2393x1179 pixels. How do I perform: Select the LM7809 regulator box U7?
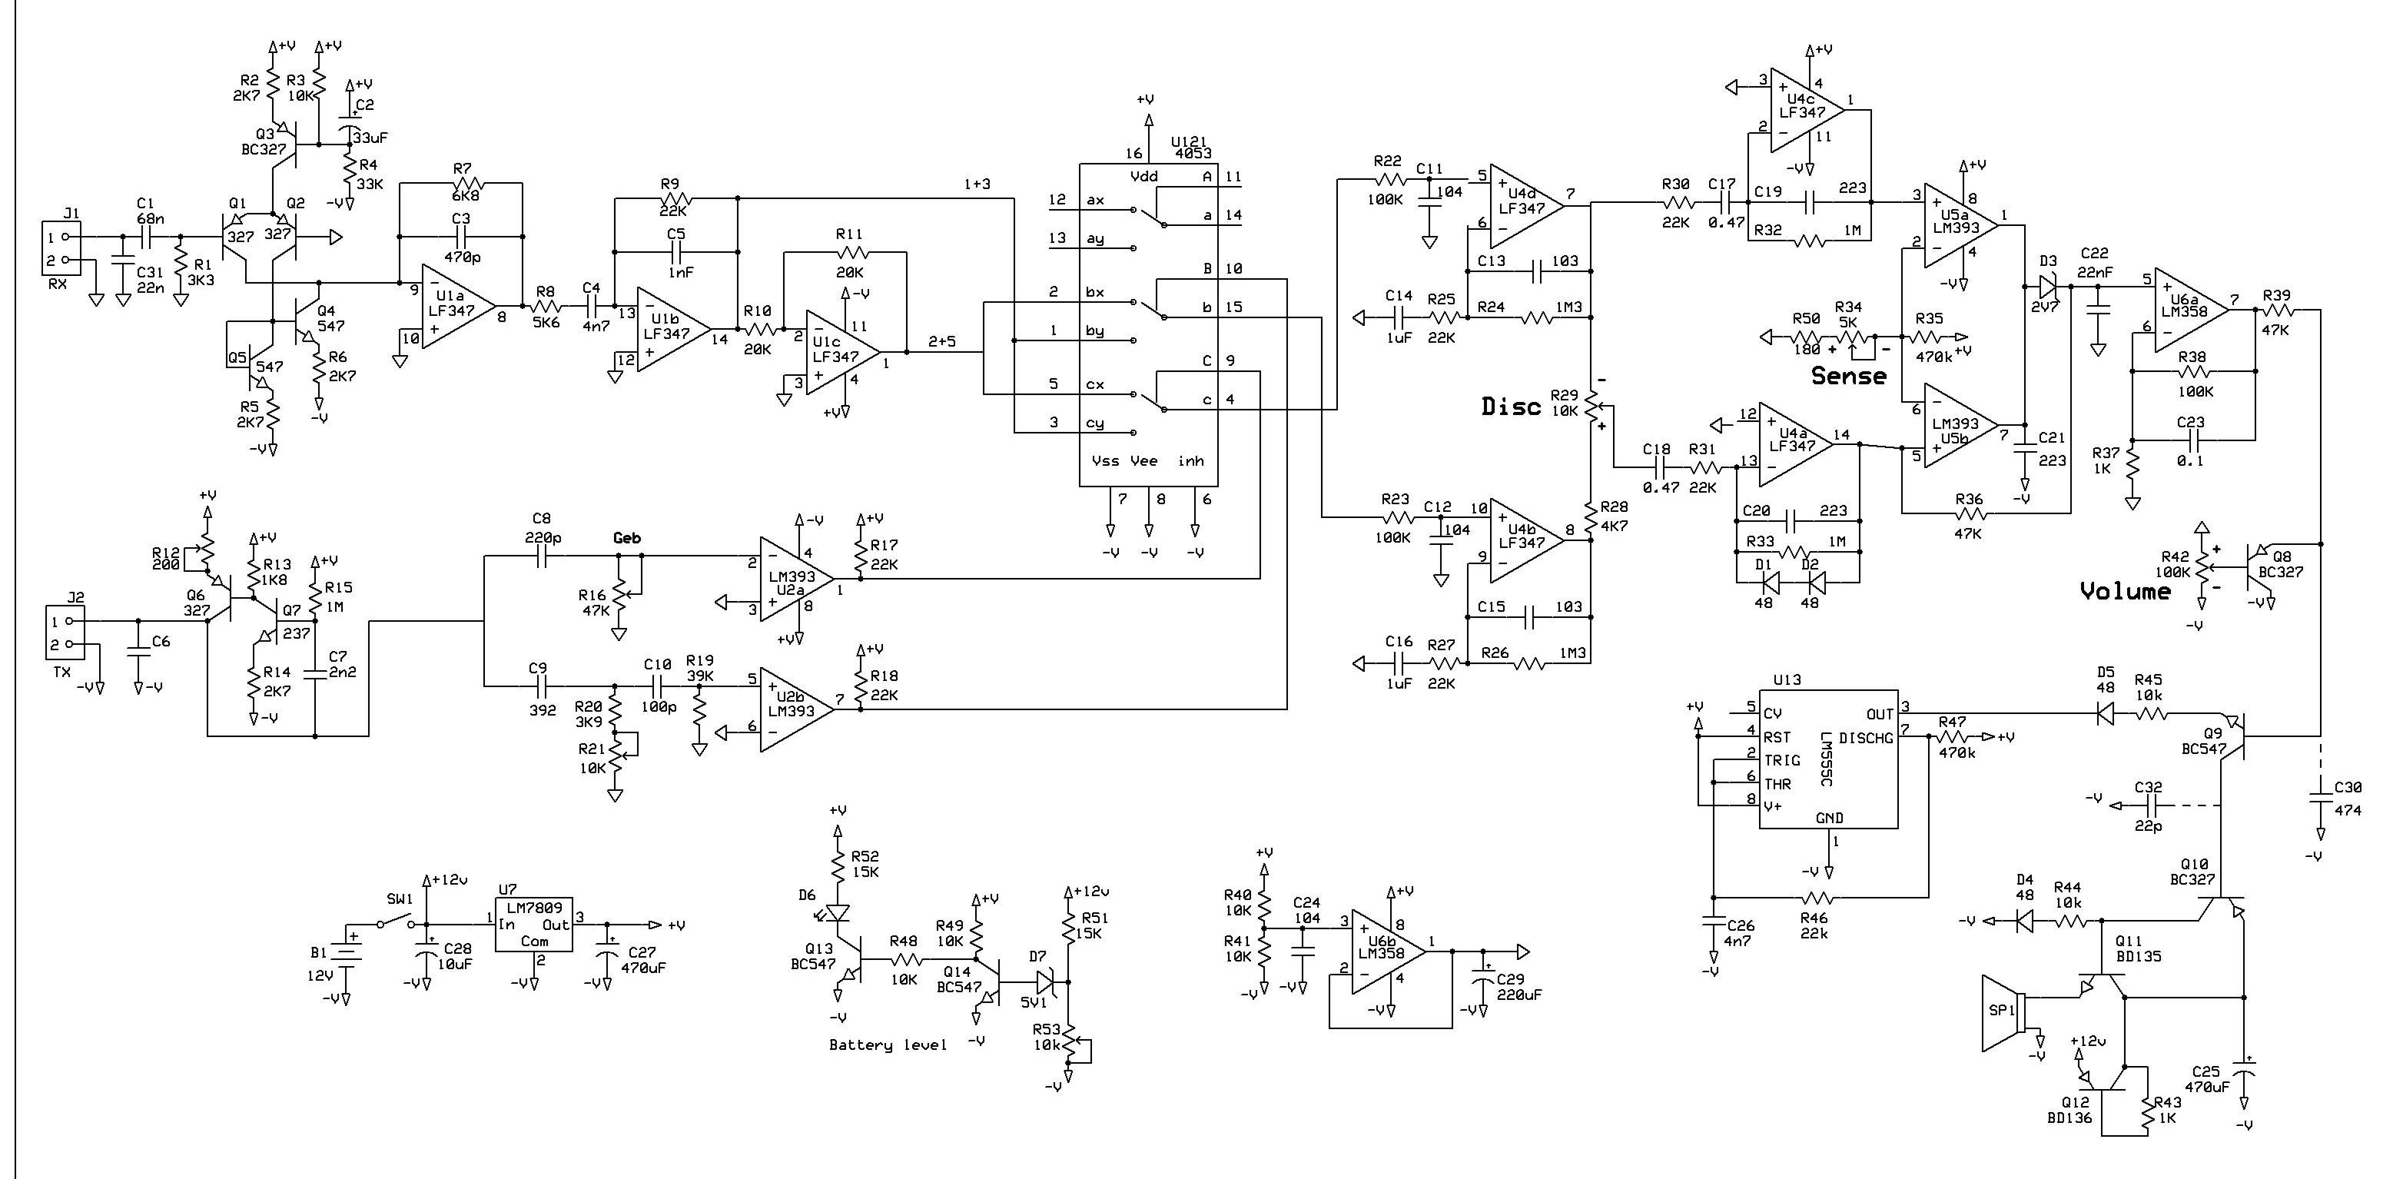533,924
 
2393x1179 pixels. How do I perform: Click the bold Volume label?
2125,591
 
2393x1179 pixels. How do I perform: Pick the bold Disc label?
1511,406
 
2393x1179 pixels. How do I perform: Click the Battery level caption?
887,1045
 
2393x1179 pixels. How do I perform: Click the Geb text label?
627,538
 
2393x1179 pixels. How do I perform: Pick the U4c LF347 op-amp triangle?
1802,110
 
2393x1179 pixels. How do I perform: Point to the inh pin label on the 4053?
1190,461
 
